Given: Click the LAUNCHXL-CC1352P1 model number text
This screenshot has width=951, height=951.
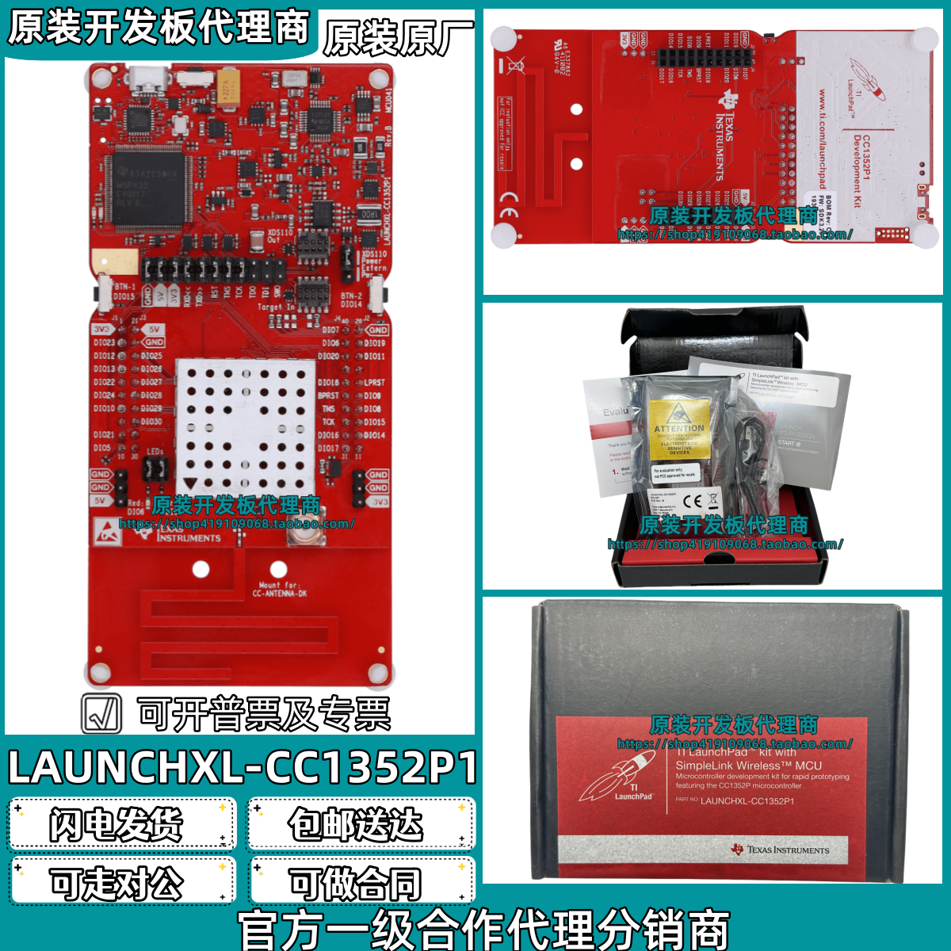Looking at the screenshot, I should point(243,767).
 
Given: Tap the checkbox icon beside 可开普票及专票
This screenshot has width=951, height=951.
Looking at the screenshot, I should point(102,713).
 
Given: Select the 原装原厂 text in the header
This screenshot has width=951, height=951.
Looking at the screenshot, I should point(399,38).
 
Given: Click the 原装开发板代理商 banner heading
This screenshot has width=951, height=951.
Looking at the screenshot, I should point(158,29).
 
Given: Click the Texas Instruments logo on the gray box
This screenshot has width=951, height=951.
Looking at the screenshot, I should point(781,850).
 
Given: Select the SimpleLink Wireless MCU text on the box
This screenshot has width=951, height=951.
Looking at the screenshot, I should point(748,766).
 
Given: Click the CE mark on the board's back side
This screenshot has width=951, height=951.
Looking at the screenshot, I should point(509,198).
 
